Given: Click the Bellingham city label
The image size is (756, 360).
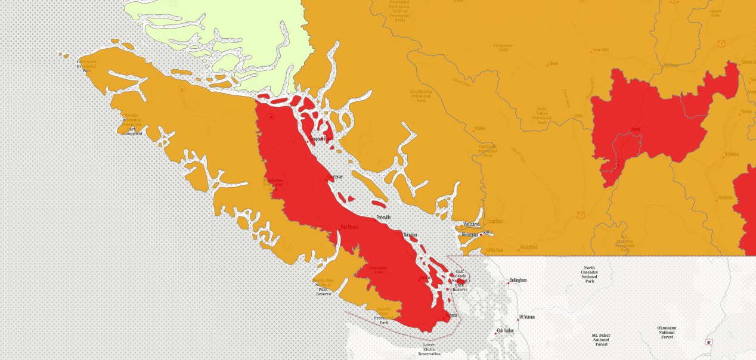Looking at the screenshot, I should pyautogui.click(x=519, y=280).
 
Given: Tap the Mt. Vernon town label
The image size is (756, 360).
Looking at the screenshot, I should pyautogui.click(x=526, y=317).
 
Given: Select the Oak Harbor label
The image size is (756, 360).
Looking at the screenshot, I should pyautogui.click(x=505, y=330).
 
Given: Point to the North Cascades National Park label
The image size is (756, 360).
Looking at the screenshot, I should pyautogui.click(x=589, y=274).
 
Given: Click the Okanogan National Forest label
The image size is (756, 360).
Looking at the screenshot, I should pyautogui.click(x=667, y=332).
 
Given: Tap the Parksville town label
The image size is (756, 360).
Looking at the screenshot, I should pyautogui.click(x=383, y=218).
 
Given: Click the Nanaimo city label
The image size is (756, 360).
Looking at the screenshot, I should pyautogui.click(x=410, y=235).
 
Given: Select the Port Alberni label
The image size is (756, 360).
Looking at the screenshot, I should pyautogui.click(x=349, y=226).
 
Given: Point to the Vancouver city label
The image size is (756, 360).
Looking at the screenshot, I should pyautogui.click(x=471, y=224).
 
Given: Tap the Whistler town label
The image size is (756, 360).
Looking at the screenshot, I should pyautogui.click(x=480, y=128).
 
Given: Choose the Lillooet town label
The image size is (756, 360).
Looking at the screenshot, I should pyautogui.click(x=553, y=63).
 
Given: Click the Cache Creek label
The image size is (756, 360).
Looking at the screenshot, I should pyautogui.click(x=600, y=49).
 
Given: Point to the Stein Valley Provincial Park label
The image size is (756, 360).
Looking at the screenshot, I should pyautogui.click(x=541, y=113).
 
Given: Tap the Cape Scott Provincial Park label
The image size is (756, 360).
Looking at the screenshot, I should pyautogui.click(x=86, y=65).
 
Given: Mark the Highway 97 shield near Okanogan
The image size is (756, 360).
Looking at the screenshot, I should pyautogui.click(x=708, y=342).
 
